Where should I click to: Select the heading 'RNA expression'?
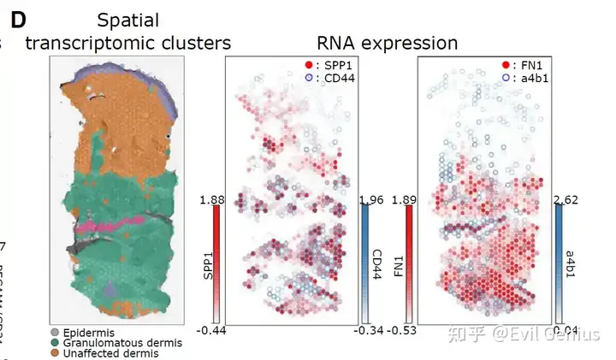point(387,43)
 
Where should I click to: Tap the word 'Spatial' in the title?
point(128,18)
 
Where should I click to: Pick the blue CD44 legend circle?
point(308,78)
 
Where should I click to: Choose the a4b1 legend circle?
point(505,78)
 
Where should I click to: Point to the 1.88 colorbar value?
point(211,200)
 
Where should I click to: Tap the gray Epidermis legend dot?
point(56,332)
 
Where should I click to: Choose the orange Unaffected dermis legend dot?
point(56,354)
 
